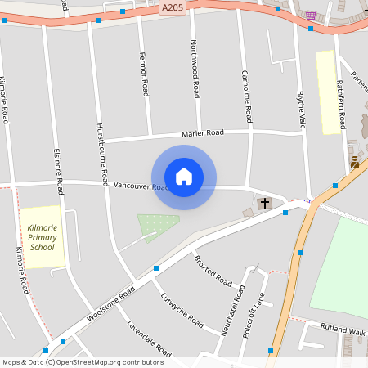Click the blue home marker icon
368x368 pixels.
click(184, 177)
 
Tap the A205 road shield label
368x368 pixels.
click(173, 8)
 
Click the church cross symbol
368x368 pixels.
click(264, 204)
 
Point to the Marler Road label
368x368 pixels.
click(203, 133)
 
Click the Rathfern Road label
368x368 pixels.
click(341, 101)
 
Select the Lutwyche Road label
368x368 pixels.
click(182, 309)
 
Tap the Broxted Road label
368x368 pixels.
click(213, 271)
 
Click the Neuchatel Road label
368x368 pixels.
click(236, 310)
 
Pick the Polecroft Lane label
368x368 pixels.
click(255, 316)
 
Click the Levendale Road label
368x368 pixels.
click(148, 339)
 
